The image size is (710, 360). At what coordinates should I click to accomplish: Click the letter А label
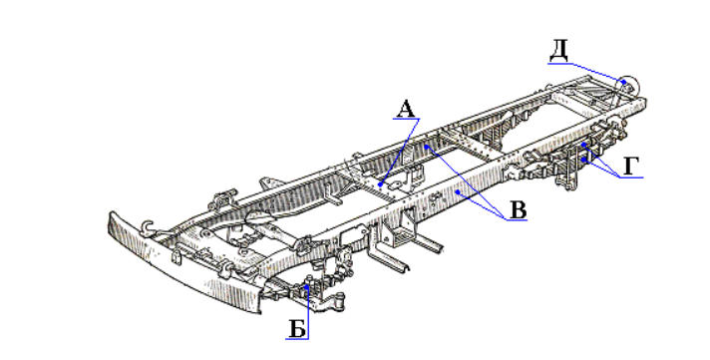click(406, 109)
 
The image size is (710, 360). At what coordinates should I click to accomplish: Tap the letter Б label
click(297, 329)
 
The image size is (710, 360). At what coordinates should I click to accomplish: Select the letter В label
click(518, 210)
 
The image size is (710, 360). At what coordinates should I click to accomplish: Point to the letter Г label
click(631, 168)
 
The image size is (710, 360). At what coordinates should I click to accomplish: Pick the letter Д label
click(558, 52)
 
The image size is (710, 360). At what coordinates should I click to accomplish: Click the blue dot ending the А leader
click(380, 184)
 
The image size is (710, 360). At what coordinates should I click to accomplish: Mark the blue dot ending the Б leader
click(307, 286)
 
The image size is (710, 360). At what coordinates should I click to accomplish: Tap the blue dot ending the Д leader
click(624, 82)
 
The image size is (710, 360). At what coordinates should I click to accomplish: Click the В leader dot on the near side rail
click(458, 192)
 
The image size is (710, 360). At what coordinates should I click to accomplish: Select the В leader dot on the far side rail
click(427, 147)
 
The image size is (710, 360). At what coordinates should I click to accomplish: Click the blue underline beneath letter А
click(406, 119)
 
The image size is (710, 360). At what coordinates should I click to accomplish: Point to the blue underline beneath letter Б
click(297, 339)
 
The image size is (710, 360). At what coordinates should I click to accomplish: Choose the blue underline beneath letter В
click(518, 220)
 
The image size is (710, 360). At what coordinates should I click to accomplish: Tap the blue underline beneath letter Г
click(631, 178)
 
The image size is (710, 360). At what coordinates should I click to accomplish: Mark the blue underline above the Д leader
click(559, 64)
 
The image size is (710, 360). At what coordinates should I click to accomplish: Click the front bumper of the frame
click(181, 267)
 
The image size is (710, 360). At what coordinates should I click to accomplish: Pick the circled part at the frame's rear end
click(629, 86)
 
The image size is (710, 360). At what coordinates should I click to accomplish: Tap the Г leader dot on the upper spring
click(584, 145)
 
